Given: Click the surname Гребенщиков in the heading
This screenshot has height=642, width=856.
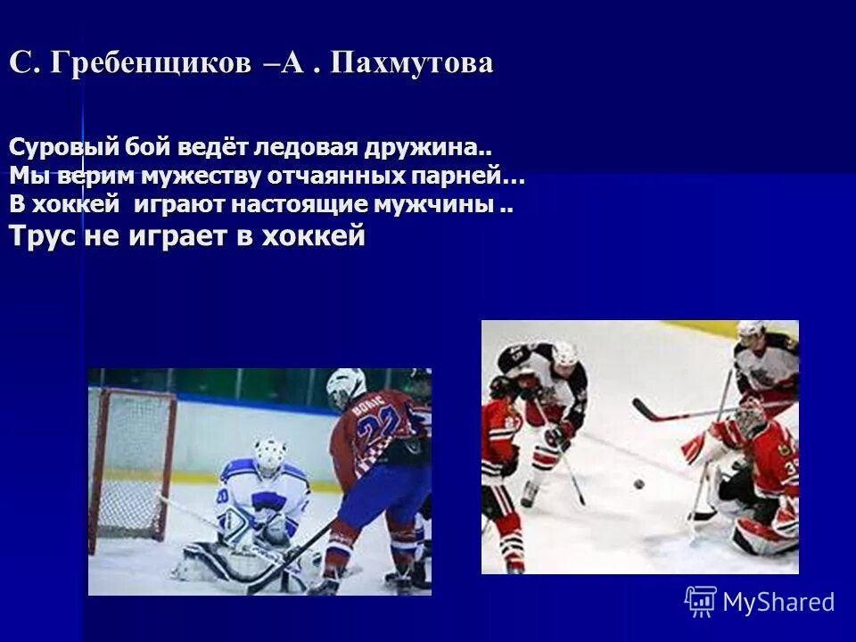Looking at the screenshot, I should pyautogui.click(x=150, y=64).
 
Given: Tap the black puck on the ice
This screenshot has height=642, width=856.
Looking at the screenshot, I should pyautogui.click(x=638, y=484).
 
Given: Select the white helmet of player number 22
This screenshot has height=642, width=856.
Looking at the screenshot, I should pyautogui.click(x=346, y=385).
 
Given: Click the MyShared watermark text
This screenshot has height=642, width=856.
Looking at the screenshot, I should pyautogui.click(x=778, y=603).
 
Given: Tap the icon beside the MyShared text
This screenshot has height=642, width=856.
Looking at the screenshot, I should pyautogui.click(x=701, y=602).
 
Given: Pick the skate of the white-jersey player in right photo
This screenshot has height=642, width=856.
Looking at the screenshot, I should pyautogui.click(x=531, y=494).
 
